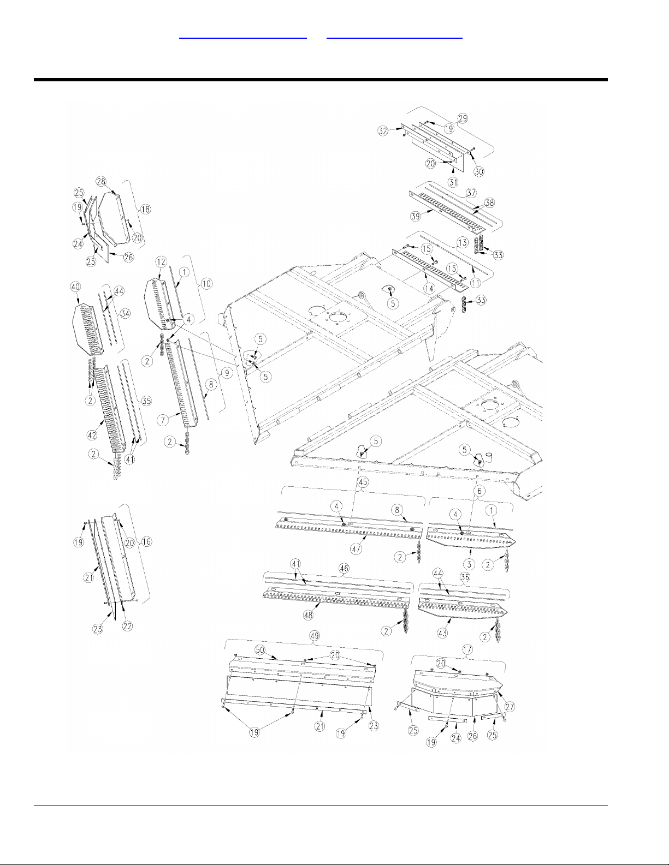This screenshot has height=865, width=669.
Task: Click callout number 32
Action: click(x=382, y=131)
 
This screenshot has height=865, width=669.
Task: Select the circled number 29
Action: click(x=463, y=118)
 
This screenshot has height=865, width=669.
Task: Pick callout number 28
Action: click(x=101, y=181)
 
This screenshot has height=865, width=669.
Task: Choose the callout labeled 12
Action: click(x=161, y=262)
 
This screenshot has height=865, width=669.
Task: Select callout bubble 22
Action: click(x=127, y=626)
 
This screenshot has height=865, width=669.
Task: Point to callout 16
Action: click(x=146, y=542)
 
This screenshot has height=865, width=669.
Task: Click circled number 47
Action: click(x=356, y=549)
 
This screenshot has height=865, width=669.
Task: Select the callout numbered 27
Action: click(x=510, y=706)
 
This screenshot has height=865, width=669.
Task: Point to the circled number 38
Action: click(x=490, y=202)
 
